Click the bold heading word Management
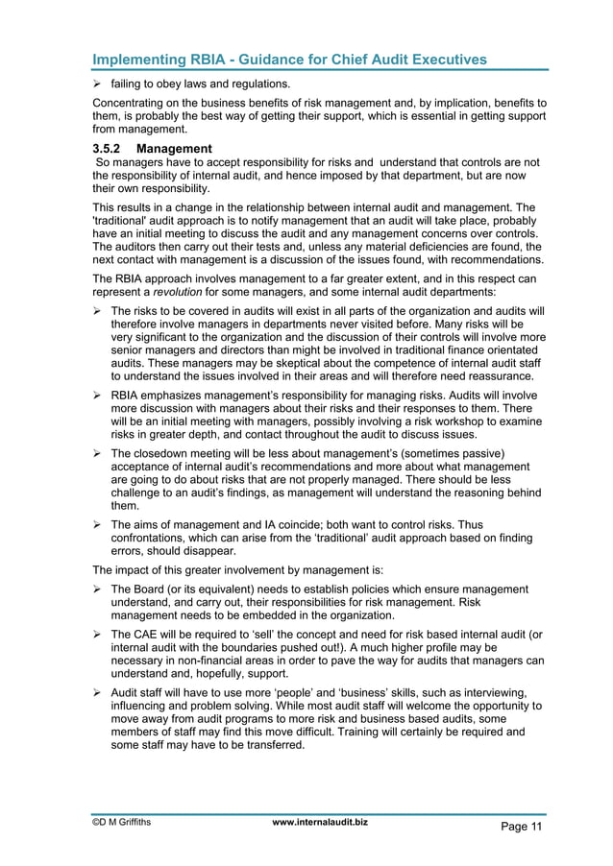point(174,149)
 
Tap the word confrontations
point(155,540)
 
